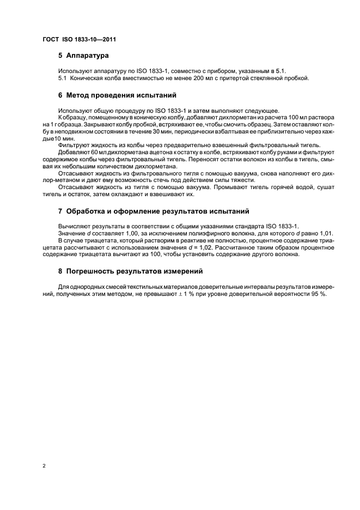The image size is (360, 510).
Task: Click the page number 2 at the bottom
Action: point(44,466)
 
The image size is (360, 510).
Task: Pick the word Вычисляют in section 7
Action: point(75,226)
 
